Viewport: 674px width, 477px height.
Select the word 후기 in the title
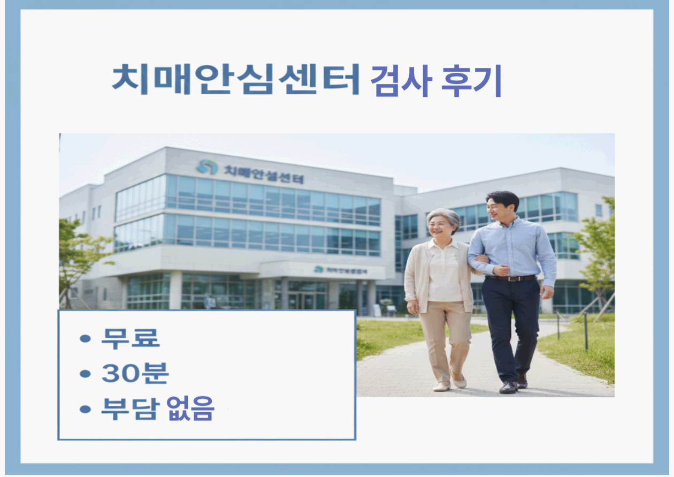(472, 81)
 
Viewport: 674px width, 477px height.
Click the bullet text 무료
(130, 338)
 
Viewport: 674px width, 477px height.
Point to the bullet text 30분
(135, 374)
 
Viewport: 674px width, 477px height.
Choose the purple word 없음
(190, 410)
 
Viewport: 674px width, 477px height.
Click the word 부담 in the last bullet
(130, 410)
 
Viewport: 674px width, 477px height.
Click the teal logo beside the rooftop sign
(207, 167)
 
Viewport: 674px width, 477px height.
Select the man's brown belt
(511, 278)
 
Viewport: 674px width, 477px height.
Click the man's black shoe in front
(508, 387)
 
